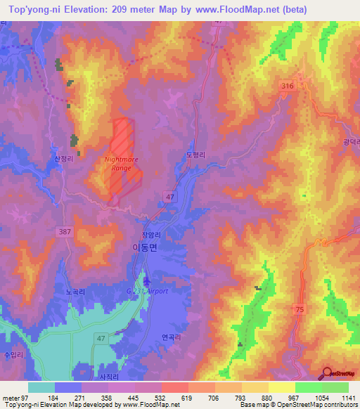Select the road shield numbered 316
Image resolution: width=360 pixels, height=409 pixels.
click(287, 86)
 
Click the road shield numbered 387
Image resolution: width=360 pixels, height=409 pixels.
click(65, 231)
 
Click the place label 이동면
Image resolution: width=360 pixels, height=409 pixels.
click(146, 247)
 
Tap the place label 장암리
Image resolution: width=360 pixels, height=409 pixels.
click(143, 236)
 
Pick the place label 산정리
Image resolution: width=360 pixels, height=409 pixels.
click(64, 159)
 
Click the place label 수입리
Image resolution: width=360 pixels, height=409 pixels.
click(13, 355)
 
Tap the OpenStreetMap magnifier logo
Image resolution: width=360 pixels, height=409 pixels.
click(326, 373)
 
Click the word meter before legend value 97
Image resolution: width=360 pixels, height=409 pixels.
click(11, 398)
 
